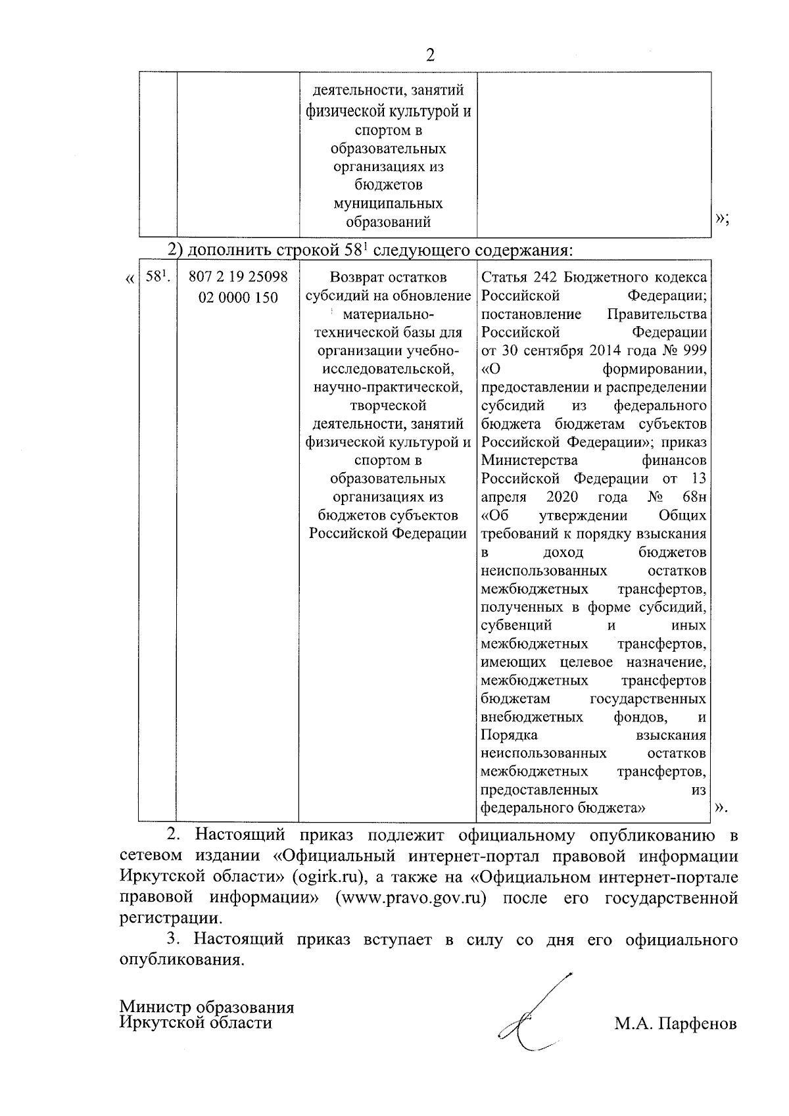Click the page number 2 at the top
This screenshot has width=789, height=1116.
431,55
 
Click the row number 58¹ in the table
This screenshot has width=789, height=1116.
158,278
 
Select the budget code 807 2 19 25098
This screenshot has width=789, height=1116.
238,278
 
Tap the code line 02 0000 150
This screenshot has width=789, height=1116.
238,297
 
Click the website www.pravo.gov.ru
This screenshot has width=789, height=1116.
411,898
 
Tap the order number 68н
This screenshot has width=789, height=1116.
694,497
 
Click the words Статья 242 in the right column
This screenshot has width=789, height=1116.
510,278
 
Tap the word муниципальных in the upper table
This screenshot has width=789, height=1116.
388,203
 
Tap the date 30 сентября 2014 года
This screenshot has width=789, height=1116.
572,351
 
